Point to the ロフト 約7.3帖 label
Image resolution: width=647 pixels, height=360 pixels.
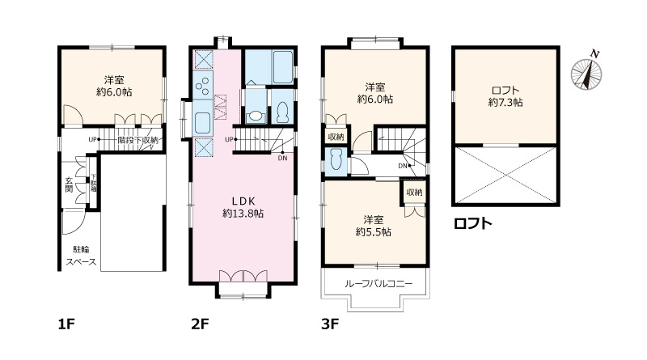pos(505,96)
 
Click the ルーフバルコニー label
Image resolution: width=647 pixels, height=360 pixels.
pos(378,284)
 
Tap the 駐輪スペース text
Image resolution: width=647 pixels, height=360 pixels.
pos(81,256)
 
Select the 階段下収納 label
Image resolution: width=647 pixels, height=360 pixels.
pos(138,140)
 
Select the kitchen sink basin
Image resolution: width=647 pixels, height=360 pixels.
pos(203,124)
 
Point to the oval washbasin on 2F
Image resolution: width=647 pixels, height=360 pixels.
pos(256,116)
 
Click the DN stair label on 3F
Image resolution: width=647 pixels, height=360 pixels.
pos(402,166)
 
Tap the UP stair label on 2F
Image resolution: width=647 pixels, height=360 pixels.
pos(230,139)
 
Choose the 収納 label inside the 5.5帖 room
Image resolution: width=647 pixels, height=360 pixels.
pos(414,193)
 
